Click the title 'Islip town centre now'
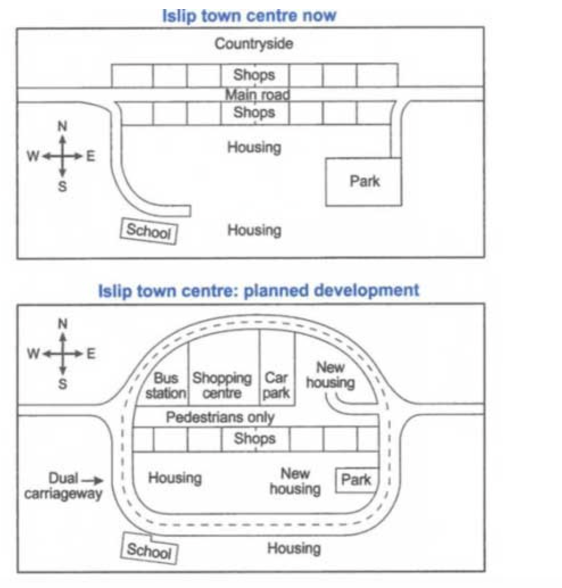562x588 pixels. point(249,16)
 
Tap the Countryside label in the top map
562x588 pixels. point(254,44)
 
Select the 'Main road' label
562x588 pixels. point(257,94)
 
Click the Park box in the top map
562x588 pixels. point(363,182)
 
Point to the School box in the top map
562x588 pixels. point(149,231)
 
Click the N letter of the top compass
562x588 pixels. point(63,126)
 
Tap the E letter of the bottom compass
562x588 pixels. point(91,354)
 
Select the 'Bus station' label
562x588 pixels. point(166,385)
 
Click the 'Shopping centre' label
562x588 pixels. point(222,385)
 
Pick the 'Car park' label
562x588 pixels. point(276,385)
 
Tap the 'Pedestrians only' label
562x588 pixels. point(220,417)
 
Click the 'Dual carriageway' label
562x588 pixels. point(63,486)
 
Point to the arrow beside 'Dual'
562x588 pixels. point(92,480)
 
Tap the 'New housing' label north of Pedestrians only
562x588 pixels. point(330,375)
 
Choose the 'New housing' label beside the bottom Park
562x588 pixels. point(295,481)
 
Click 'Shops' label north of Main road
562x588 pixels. point(254,74)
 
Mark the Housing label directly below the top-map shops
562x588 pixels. point(254,147)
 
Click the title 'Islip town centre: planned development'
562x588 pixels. point(258,291)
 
